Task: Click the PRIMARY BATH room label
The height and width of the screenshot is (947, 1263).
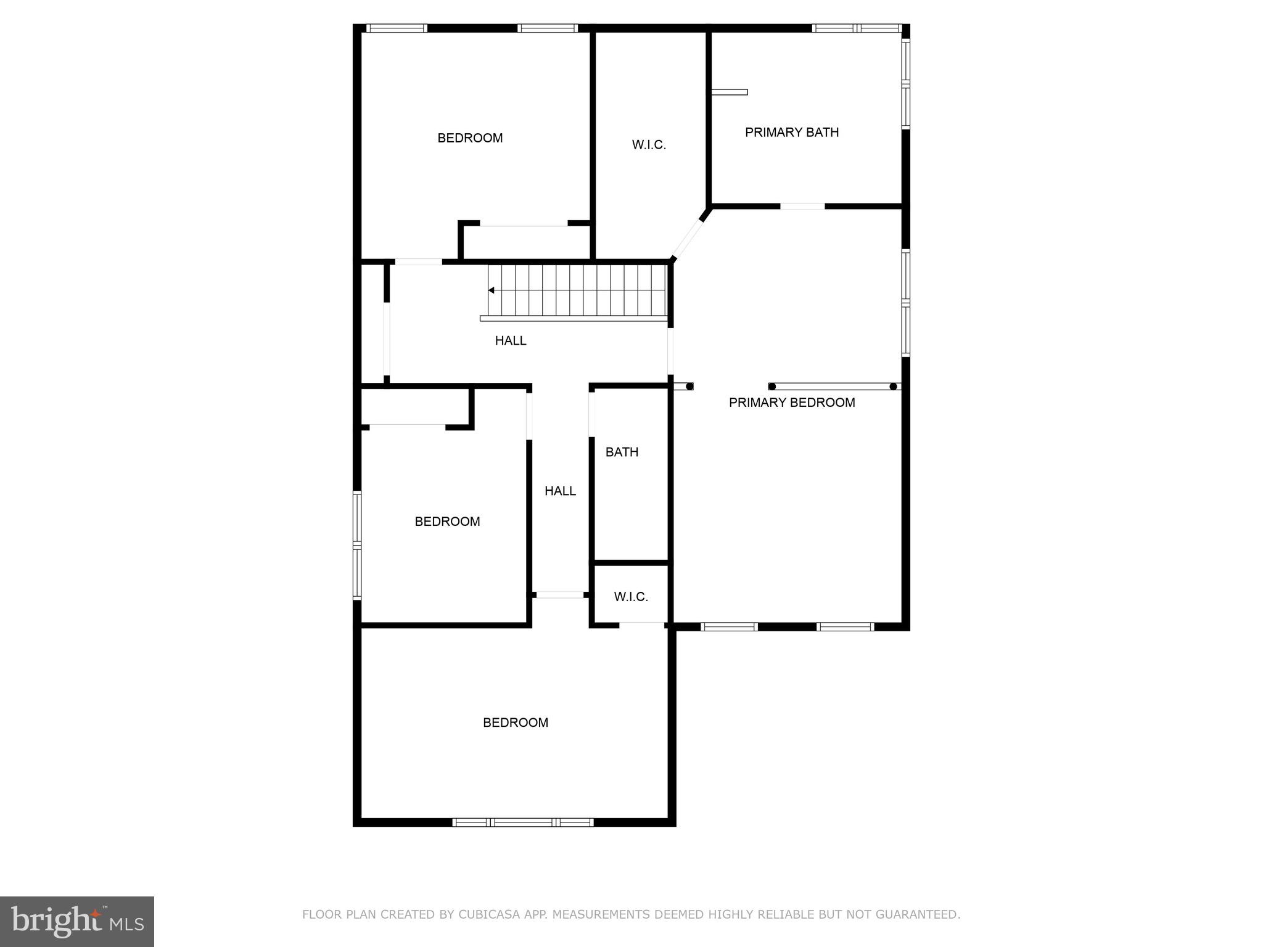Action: (x=792, y=132)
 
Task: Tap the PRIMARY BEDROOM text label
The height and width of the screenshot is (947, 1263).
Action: (x=792, y=403)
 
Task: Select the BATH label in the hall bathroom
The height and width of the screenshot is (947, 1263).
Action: (x=622, y=452)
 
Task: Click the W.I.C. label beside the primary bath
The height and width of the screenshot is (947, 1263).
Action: (x=649, y=145)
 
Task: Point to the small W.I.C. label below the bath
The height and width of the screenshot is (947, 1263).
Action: (x=631, y=597)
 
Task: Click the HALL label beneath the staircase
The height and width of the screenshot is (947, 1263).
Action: (x=511, y=340)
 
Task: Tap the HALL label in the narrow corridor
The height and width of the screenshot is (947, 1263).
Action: (x=560, y=491)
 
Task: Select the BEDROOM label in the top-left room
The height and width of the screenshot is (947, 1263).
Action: (x=470, y=138)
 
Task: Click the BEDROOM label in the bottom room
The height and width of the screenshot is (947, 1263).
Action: (x=516, y=723)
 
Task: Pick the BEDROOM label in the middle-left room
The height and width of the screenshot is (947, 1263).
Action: (x=447, y=522)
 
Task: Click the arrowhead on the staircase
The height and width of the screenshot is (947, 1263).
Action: (x=492, y=290)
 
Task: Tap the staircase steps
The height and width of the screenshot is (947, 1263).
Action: (x=580, y=290)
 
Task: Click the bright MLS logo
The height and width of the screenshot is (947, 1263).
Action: (x=77, y=921)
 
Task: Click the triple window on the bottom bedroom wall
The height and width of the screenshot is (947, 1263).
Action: (x=523, y=822)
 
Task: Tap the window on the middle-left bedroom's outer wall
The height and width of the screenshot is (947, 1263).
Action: (x=357, y=545)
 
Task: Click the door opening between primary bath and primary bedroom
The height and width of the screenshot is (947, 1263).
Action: (x=802, y=206)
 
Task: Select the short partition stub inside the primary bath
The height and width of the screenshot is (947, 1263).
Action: (x=730, y=92)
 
